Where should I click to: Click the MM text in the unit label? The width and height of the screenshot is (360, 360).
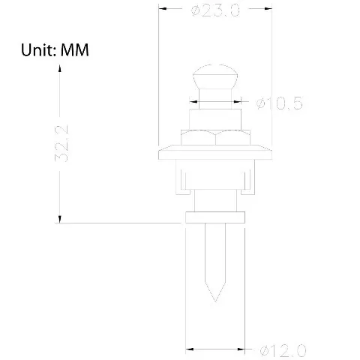coord(75,49)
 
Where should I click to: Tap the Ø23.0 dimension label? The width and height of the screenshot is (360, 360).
coord(215,10)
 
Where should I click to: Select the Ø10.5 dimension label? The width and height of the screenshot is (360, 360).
coord(280,103)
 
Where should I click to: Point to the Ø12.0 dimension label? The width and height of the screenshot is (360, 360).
coord(283,350)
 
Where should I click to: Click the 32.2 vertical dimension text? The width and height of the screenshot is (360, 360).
coord(61,143)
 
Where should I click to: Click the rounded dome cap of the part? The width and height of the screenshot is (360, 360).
coord(215,76)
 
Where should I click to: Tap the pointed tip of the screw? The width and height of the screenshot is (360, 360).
coord(215,301)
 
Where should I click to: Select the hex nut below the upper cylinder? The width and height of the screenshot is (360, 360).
coord(215,137)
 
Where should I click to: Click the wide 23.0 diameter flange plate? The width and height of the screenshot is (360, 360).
coord(215,152)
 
